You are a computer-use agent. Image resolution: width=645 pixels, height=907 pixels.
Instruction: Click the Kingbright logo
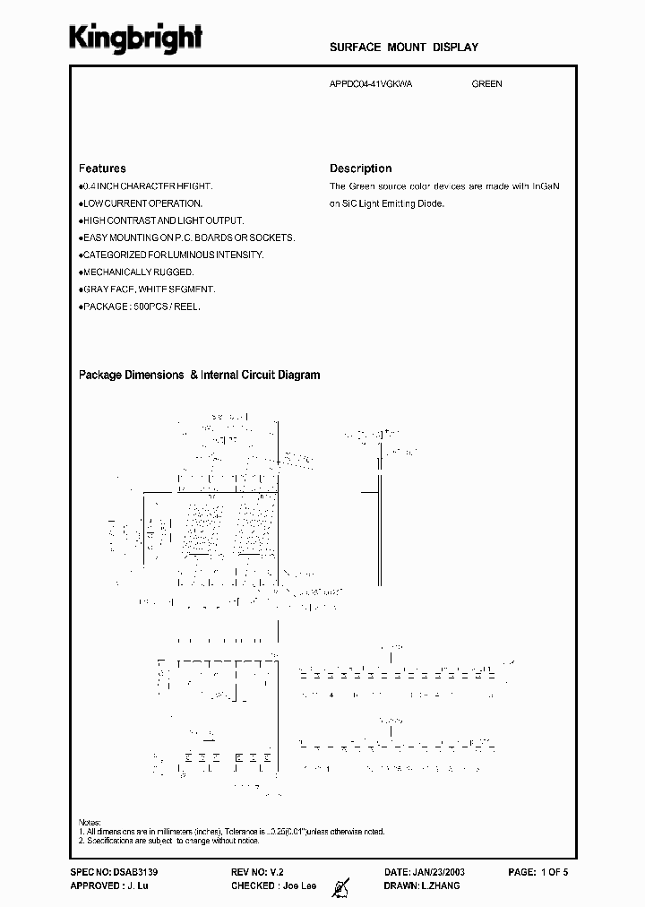point(137,39)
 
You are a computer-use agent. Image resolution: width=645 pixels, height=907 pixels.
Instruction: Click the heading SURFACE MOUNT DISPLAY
point(404,48)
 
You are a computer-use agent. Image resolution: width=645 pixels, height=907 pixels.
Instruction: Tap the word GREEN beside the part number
point(486,84)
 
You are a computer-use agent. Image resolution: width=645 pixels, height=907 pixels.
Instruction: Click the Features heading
point(102,168)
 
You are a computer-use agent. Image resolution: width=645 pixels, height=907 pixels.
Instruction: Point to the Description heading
point(360,168)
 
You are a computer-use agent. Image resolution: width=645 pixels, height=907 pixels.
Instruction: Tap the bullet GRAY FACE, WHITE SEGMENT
point(149,289)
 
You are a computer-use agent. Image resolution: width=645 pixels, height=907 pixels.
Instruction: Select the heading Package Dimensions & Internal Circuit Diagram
point(199,376)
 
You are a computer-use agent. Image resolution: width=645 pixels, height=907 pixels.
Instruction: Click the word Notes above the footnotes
point(90,823)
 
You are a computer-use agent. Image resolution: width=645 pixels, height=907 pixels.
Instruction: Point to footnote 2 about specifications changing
point(170,841)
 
